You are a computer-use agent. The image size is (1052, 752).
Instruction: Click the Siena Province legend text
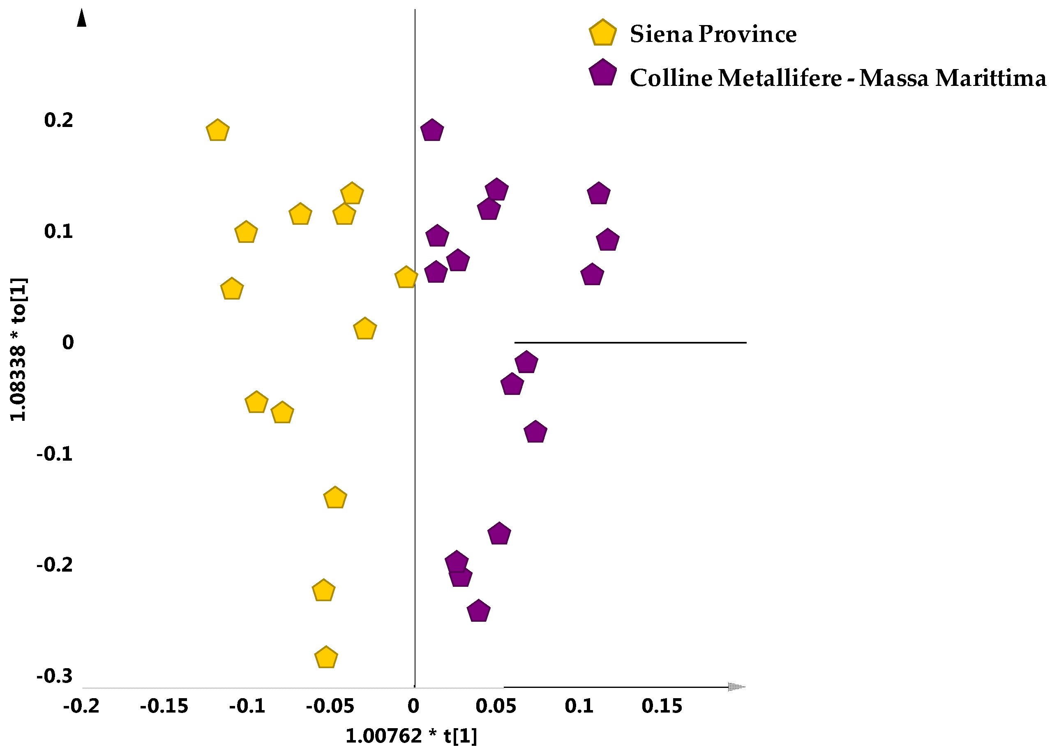pos(713,34)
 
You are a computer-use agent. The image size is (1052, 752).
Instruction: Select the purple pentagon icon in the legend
pos(602,73)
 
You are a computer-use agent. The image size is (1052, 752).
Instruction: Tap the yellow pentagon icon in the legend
pos(602,33)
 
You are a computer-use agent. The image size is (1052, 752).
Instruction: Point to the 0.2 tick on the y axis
pos(59,120)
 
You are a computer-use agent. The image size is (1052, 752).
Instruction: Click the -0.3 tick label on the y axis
pos(55,676)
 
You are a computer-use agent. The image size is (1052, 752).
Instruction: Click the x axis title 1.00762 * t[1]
pos(411,736)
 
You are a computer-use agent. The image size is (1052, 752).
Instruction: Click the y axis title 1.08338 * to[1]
pos(18,349)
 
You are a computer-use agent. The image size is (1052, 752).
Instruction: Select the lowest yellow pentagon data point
pos(326,657)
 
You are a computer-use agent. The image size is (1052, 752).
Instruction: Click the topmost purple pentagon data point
pos(432,131)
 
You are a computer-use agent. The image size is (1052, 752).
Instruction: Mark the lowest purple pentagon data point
pos(479,611)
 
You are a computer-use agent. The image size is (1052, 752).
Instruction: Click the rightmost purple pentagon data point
pos(607,240)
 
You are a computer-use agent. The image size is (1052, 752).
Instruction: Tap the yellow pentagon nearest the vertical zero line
pos(406,278)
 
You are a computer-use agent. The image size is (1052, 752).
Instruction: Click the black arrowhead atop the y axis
pos(82,18)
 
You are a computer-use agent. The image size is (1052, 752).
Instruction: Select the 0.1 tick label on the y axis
pos(59,231)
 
